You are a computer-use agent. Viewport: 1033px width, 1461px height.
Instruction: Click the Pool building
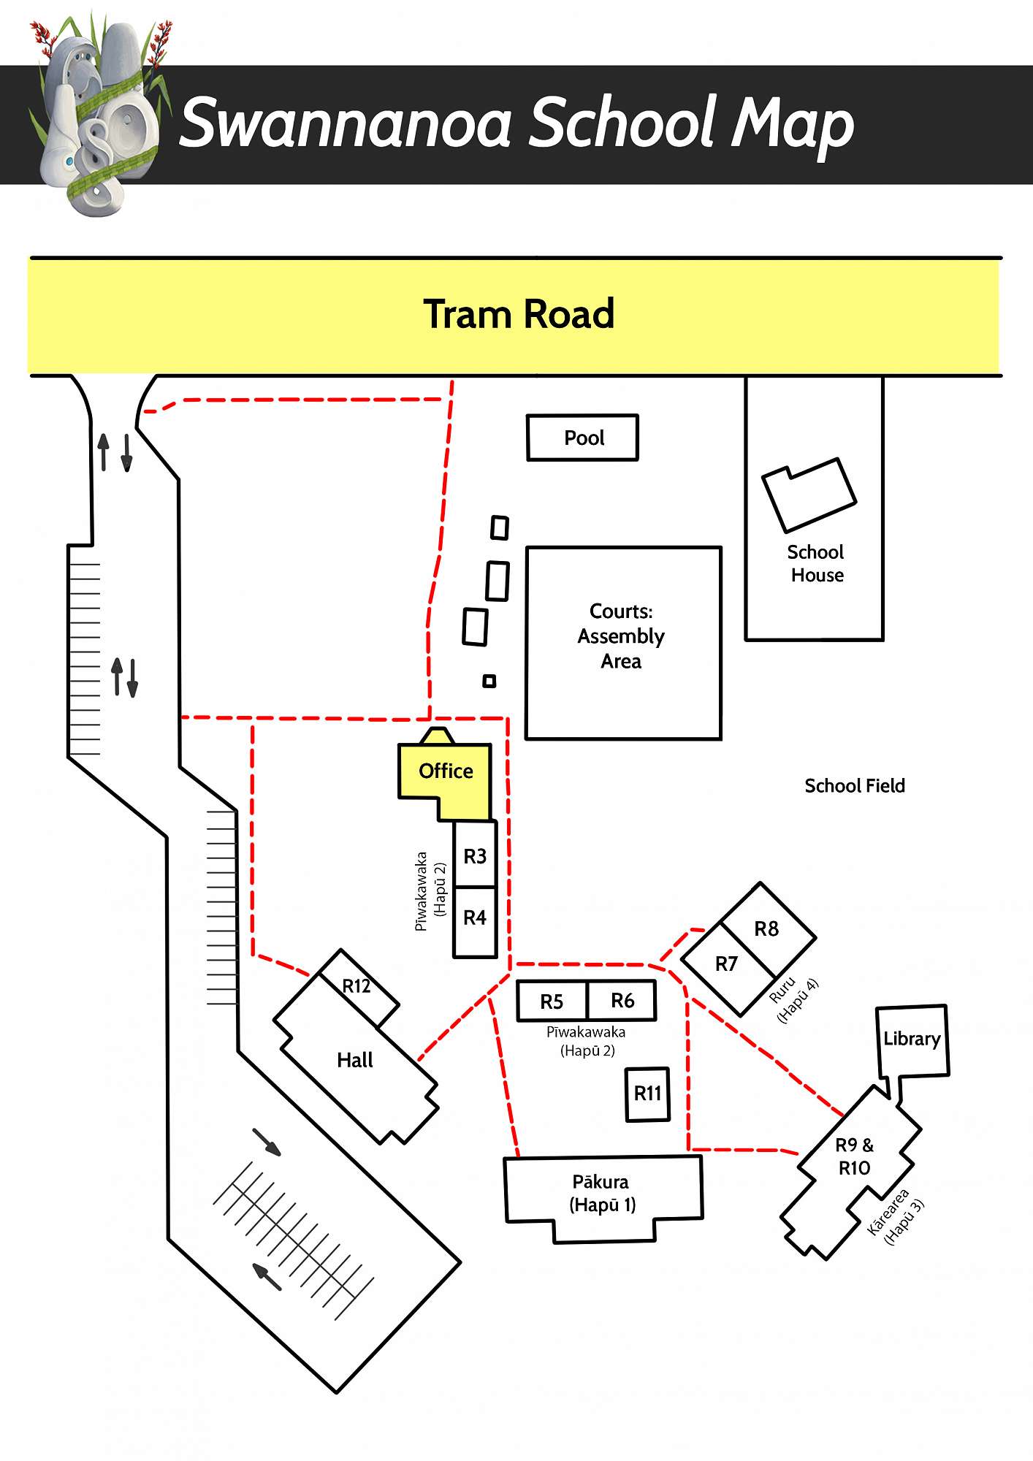582,438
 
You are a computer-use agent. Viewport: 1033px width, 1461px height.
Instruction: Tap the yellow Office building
445,772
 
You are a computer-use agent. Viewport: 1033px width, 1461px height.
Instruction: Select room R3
475,855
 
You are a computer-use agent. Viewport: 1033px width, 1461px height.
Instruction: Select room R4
475,918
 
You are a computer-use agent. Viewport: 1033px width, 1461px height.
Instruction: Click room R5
552,1002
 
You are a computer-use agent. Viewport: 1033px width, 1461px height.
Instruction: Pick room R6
622,1001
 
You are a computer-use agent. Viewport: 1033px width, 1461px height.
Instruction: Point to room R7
726,964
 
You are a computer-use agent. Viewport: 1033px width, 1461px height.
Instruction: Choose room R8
766,929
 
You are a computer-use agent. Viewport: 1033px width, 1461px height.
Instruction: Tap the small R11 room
647,1094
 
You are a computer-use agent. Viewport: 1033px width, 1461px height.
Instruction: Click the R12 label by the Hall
357,986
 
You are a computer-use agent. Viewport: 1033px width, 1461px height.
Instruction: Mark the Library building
912,1039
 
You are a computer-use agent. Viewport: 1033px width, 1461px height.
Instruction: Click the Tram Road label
519,314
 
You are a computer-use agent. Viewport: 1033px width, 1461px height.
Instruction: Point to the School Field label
855,786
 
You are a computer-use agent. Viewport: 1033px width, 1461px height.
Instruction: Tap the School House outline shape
809,495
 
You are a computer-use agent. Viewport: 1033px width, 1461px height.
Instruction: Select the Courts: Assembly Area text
621,636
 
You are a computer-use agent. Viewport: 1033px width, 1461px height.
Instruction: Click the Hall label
355,1060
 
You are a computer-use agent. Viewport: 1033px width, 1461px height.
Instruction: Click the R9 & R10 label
854,1156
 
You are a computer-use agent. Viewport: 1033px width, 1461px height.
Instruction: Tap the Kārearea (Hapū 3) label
896,1217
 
